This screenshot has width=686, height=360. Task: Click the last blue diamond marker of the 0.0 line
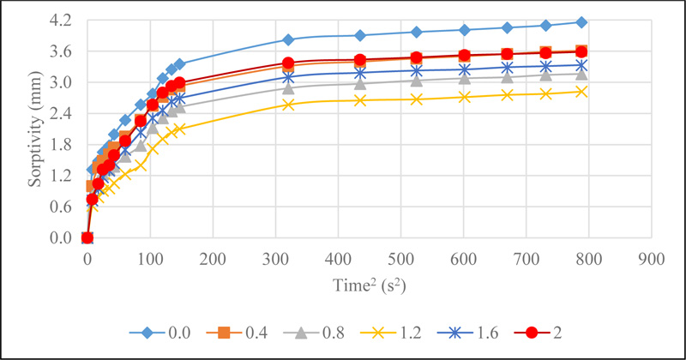581,22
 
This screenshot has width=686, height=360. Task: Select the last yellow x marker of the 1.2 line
581,92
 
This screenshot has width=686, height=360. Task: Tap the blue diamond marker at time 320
288,39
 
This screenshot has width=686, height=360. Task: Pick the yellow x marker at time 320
288,105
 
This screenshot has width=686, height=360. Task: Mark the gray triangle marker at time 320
288,88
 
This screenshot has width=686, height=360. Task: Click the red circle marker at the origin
87,237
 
